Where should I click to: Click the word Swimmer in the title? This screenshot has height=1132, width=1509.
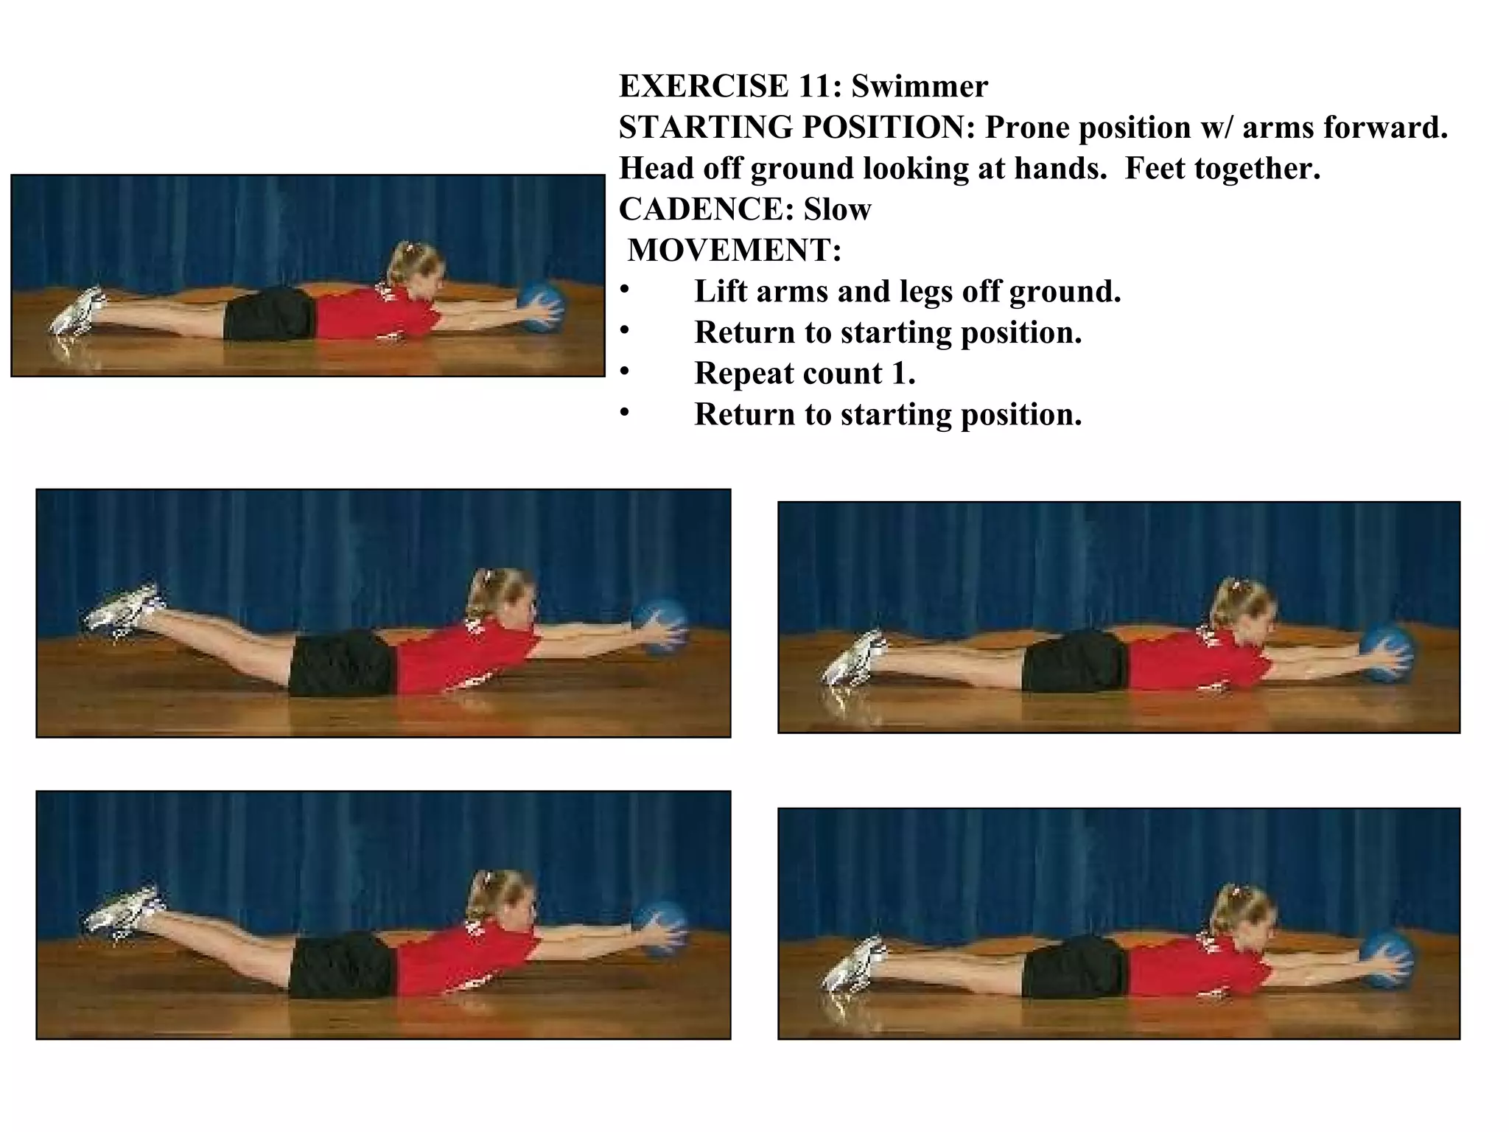coord(919,87)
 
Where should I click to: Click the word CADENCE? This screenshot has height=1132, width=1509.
coord(705,209)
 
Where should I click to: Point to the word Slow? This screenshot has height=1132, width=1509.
coord(837,209)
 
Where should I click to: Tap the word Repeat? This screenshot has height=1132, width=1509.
coord(740,373)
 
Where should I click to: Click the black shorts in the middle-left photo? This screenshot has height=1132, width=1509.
coord(340,663)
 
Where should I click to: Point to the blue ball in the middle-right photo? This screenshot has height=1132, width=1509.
coord(1387,653)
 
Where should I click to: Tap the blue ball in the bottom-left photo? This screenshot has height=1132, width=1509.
coord(660,927)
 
